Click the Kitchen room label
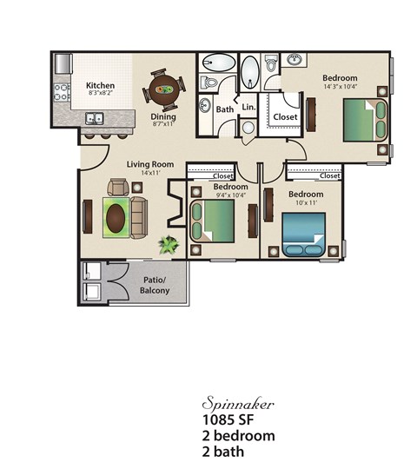pyautogui.click(x=100, y=86)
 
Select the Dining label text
pyautogui.click(x=163, y=116)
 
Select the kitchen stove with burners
pyautogui.click(x=62, y=92)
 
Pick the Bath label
pyautogui.click(x=225, y=109)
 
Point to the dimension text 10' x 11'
pyautogui.click(x=306, y=202)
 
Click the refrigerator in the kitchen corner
pyautogui.click(x=63, y=63)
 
